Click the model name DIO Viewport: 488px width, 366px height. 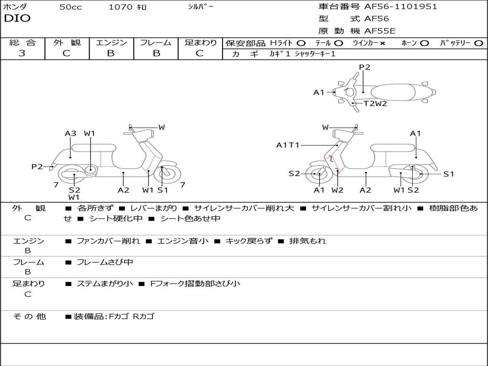17,19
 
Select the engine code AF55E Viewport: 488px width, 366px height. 380,31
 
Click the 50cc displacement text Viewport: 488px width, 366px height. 71,7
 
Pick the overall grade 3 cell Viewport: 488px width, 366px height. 22,53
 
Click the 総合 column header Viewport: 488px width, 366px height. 22,43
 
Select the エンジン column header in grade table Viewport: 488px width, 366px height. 111,43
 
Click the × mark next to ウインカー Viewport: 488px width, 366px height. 382,43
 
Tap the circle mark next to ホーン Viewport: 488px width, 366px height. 425,43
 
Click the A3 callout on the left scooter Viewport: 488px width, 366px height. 71,133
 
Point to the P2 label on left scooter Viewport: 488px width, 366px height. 37,166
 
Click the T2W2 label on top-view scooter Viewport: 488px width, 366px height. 376,103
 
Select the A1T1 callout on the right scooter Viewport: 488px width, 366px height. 288,145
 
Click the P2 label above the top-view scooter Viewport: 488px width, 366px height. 364,67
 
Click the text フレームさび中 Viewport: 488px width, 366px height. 105,262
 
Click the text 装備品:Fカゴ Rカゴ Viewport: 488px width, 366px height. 114,316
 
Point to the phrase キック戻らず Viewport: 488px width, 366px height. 248,241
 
